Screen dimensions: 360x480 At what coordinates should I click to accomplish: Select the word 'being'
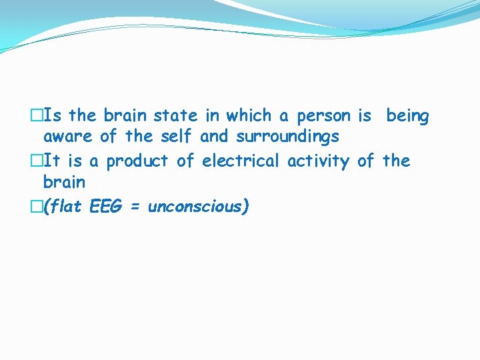(407, 117)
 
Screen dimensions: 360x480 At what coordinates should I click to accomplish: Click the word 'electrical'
(241, 161)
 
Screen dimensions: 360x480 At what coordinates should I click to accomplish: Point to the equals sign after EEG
(135, 207)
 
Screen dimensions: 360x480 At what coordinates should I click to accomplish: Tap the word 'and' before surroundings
(213, 137)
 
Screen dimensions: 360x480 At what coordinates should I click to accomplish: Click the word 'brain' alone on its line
(64, 182)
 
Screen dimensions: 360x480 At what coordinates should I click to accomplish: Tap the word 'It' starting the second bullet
(54, 161)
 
